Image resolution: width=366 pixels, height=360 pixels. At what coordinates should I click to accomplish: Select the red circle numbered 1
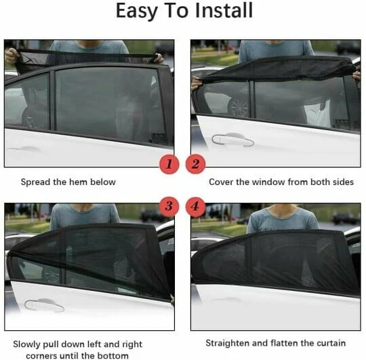click(x=169, y=163)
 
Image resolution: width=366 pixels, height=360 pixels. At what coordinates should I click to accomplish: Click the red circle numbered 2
click(x=196, y=163)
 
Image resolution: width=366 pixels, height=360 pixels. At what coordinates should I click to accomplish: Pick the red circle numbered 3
click(x=169, y=205)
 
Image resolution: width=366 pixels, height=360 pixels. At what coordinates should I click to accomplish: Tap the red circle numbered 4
click(x=196, y=205)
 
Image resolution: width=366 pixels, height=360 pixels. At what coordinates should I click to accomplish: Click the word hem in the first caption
click(x=80, y=182)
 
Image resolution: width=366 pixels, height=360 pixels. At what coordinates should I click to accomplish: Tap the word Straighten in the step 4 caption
click(x=228, y=343)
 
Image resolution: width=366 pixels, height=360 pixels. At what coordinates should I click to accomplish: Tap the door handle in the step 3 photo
click(x=44, y=306)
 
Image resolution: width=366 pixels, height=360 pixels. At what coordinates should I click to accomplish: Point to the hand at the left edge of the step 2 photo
click(x=197, y=83)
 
